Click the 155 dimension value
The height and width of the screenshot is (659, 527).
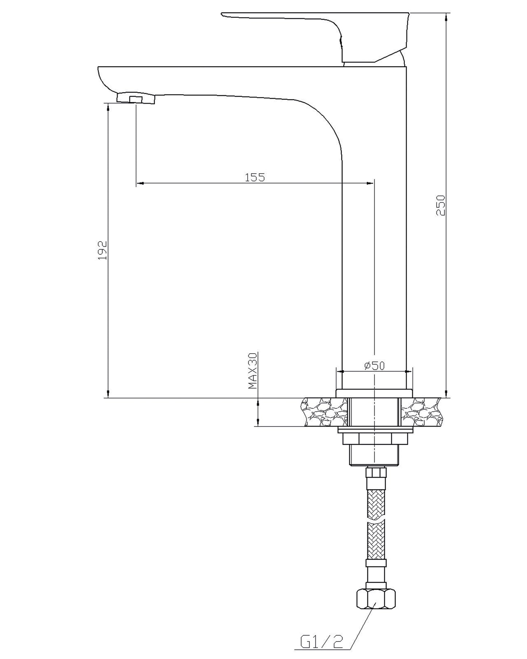click(255, 177)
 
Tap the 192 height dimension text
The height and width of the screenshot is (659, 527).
click(103, 250)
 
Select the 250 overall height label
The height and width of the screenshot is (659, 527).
click(441, 205)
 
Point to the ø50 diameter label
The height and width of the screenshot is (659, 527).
click(374, 365)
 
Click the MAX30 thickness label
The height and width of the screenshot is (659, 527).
click(252, 370)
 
